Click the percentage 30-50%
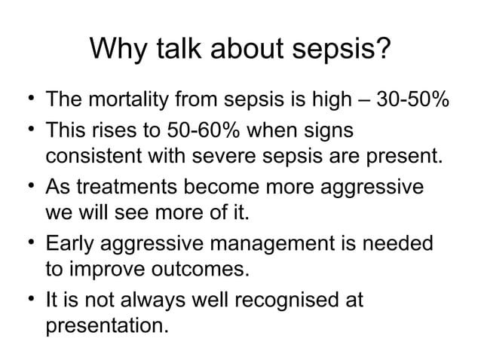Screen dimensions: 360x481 [x=413, y=99]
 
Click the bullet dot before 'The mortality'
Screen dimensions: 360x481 [x=28, y=99]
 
